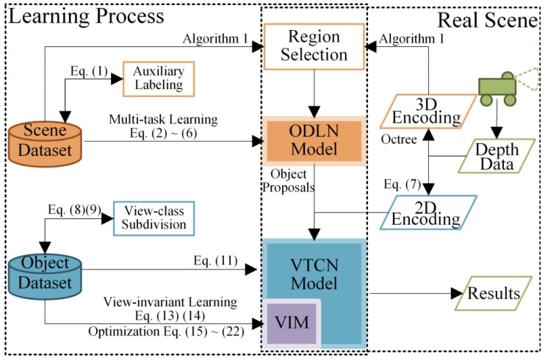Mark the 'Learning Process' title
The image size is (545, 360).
85,15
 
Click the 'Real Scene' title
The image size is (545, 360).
488,20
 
